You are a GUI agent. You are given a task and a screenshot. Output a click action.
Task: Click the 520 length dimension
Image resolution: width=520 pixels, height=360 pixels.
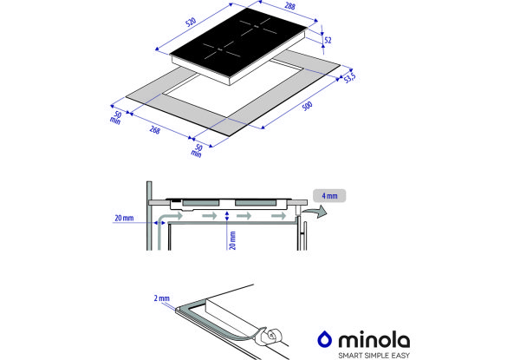[x=191, y=23]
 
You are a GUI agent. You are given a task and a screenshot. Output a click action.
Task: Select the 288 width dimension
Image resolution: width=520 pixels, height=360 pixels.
[x=289, y=6]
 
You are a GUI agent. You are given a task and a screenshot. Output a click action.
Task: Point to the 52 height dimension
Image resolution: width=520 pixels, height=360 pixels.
[x=328, y=40]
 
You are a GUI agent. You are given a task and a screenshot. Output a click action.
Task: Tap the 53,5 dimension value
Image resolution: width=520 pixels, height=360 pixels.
[x=349, y=78]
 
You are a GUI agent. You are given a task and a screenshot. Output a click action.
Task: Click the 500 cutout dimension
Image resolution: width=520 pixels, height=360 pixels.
[x=307, y=106]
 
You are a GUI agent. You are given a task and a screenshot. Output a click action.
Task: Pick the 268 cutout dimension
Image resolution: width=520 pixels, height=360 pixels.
[x=155, y=130]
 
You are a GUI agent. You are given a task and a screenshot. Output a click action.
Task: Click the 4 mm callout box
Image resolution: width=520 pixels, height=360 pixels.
[x=329, y=196]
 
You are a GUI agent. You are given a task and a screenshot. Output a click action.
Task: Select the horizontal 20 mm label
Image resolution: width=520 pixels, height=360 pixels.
[x=124, y=218]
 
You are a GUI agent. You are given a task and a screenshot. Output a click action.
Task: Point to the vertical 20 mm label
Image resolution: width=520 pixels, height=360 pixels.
[x=232, y=240]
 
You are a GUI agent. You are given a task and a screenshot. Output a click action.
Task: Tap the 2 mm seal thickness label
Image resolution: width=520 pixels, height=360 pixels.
[x=161, y=298]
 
